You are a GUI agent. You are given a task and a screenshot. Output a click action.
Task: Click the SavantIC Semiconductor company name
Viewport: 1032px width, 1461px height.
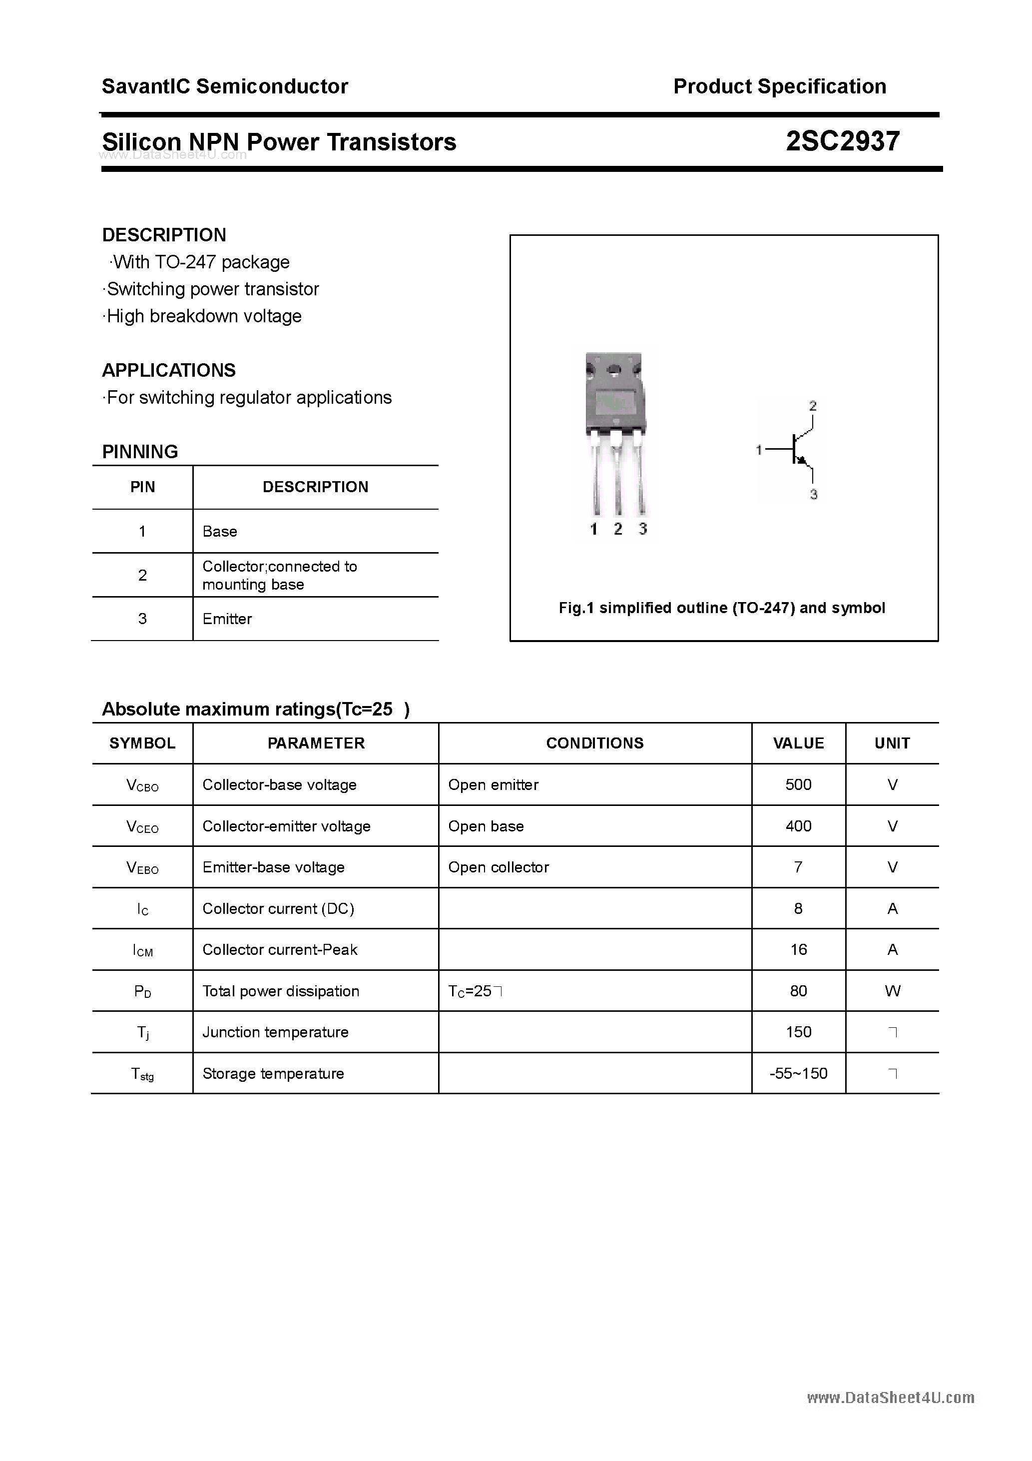coord(225,86)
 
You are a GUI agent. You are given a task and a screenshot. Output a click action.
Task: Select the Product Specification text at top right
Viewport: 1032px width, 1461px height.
coord(779,86)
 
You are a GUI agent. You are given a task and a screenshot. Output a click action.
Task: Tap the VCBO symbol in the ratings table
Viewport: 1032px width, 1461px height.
coord(142,785)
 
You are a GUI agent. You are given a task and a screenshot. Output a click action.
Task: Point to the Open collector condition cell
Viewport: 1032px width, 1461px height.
coord(498,867)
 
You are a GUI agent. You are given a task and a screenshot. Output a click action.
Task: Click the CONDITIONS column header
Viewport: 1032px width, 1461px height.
coord(594,743)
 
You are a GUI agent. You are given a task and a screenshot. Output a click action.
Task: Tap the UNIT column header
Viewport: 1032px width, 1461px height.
coord(892,743)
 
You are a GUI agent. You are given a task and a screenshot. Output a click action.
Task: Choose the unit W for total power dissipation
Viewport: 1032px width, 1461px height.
coord(892,991)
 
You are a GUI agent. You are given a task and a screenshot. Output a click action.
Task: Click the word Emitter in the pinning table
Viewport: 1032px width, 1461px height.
coord(227,619)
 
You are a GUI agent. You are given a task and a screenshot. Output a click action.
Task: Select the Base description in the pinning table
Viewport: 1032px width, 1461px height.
coord(219,531)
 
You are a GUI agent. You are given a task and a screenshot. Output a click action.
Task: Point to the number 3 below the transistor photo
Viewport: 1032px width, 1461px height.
coord(642,529)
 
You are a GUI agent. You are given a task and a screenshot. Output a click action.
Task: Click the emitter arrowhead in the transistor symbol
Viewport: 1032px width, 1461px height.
coord(803,461)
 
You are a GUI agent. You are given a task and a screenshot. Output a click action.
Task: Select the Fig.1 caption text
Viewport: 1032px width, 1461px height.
coord(721,608)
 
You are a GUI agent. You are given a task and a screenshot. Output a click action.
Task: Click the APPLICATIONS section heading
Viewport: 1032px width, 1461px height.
coord(169,370)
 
